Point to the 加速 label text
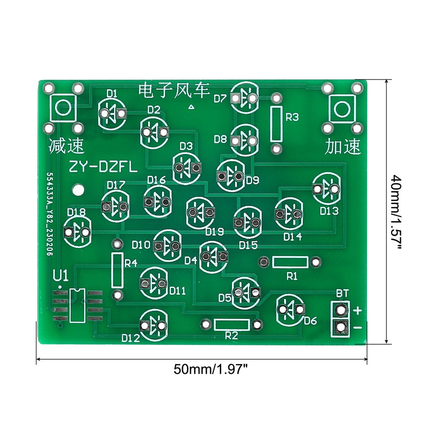343,146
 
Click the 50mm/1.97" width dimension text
210,369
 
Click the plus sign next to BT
358,310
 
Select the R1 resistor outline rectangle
290,262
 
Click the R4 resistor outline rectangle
117,270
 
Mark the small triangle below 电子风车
191,107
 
